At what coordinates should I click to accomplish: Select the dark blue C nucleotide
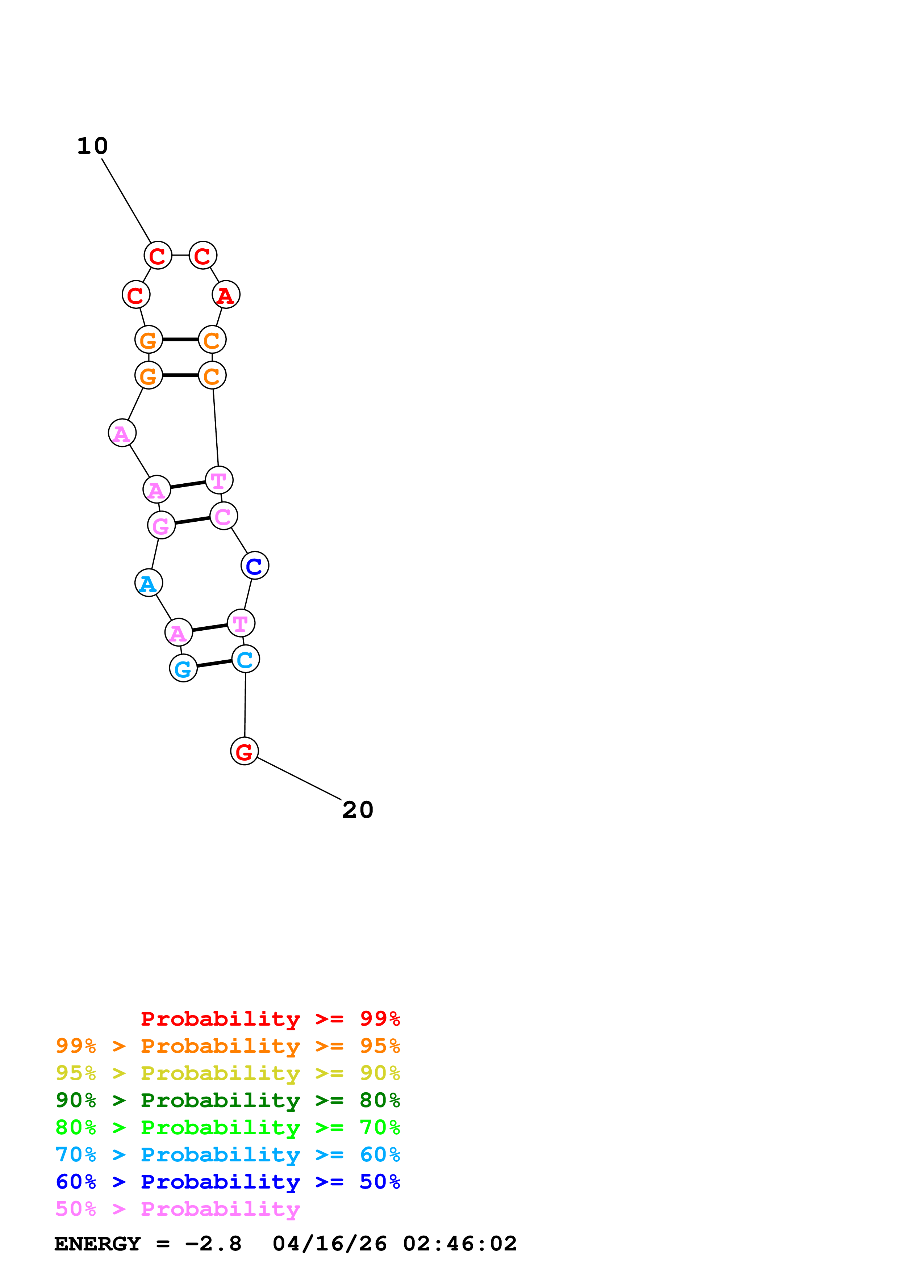255,565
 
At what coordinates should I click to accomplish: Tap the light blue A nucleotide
148,583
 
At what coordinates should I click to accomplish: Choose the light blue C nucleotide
245,659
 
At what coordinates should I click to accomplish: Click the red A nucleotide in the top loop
226,294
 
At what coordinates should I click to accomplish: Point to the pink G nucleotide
161,525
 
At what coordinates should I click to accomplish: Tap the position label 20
358,810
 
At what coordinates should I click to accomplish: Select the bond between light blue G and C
214,663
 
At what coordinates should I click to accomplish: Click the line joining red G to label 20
299,778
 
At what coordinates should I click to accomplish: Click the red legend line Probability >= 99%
270,1018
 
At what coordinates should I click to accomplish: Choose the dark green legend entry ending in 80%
227,1100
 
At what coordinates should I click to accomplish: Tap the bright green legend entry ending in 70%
227,1127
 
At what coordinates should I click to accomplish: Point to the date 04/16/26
329,1244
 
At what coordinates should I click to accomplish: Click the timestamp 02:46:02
459,1244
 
